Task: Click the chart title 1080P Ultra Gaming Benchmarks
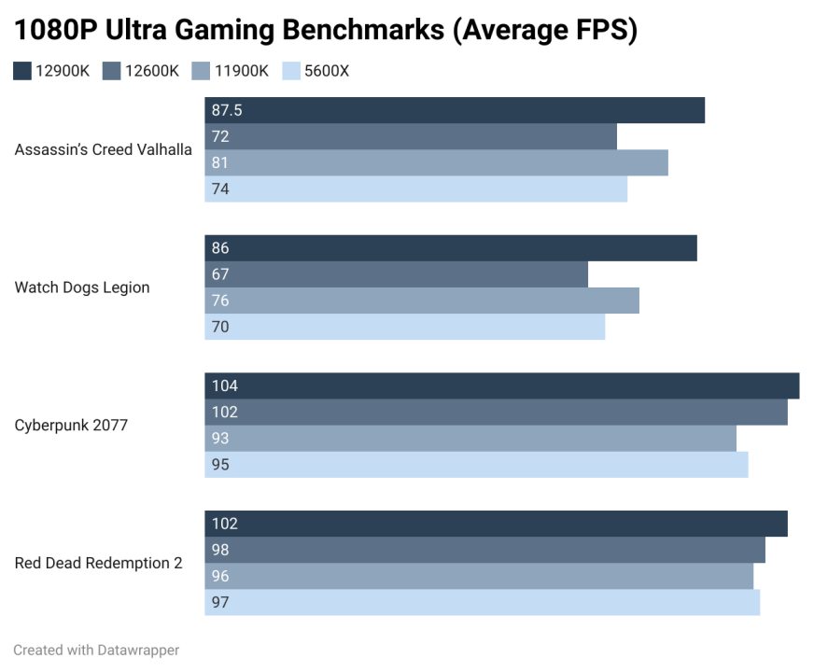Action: [325, 31]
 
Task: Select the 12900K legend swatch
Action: [22, 71]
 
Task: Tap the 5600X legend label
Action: [327, 71]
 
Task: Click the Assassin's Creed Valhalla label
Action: [104, 149]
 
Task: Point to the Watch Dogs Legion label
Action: [82, 287]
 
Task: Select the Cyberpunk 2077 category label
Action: [71, 426]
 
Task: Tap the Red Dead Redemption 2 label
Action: [98, 563]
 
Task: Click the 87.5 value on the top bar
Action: [227, 110]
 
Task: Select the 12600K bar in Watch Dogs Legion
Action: [396, 274]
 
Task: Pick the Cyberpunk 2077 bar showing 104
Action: [501, 386]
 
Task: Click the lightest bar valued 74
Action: [415, 189]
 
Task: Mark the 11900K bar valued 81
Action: [436, 162]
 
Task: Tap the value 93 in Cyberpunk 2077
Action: [220, 439]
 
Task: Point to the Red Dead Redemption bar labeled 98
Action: [484, 550]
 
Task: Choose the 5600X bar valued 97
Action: [482, 602]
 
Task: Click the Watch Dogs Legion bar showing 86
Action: [450, 248]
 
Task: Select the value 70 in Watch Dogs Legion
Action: [220, 327]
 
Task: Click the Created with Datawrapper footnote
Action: [96, 650]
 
